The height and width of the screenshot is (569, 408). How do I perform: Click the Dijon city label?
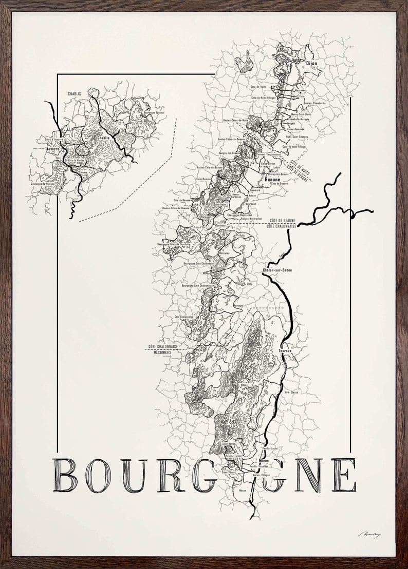[x=311, y=63]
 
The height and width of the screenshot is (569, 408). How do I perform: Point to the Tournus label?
[x=285, y=351]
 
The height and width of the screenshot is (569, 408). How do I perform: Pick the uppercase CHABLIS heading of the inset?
[x=76, y=94]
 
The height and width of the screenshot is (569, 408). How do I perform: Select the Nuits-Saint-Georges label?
[x=297, y=137]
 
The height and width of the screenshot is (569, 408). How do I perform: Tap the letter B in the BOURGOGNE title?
[x=65, y=476]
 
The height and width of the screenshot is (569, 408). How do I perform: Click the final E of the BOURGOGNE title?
[x=344, y=476]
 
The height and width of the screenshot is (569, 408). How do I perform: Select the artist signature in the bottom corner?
[x=369, y=535]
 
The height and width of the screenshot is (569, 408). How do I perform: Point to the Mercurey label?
[x=224, y=253]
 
